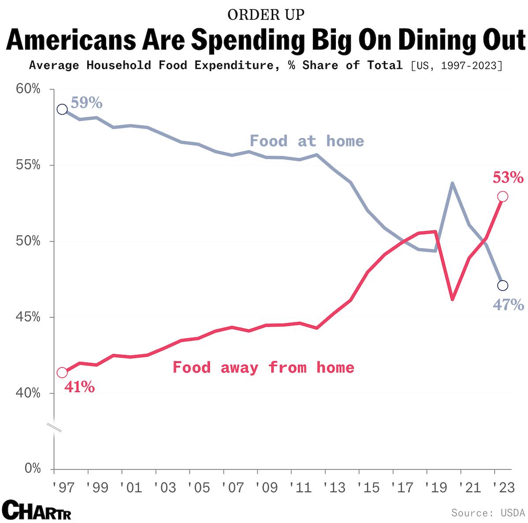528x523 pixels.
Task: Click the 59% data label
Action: (x=86, y=103)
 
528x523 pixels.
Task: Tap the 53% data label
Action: (x=508, y=178)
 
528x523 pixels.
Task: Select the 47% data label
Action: (x=508, y=305)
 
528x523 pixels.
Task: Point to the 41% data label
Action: (x=79, y=387)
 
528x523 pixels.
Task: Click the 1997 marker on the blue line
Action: (x=62, y=109)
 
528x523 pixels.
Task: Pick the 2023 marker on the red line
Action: (x=502, y=197)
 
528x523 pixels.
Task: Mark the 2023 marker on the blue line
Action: (x=502, y=286)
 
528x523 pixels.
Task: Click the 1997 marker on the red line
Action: (x=62, y=373)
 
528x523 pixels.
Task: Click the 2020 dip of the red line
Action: (x=452, y=299)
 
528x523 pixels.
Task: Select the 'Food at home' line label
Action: (x=307, y=141)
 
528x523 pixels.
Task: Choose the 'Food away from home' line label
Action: (x=263, y=367)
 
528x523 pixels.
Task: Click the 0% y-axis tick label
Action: (x=33, y=468)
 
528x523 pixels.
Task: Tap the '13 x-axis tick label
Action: (x=334, y=488)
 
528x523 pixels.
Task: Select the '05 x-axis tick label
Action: (x=198, y=488)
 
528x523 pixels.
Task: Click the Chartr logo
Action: (x=37, y=510)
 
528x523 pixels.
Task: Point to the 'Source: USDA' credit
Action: (x=487, y=513)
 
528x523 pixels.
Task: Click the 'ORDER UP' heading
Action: (x=266, y=15)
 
